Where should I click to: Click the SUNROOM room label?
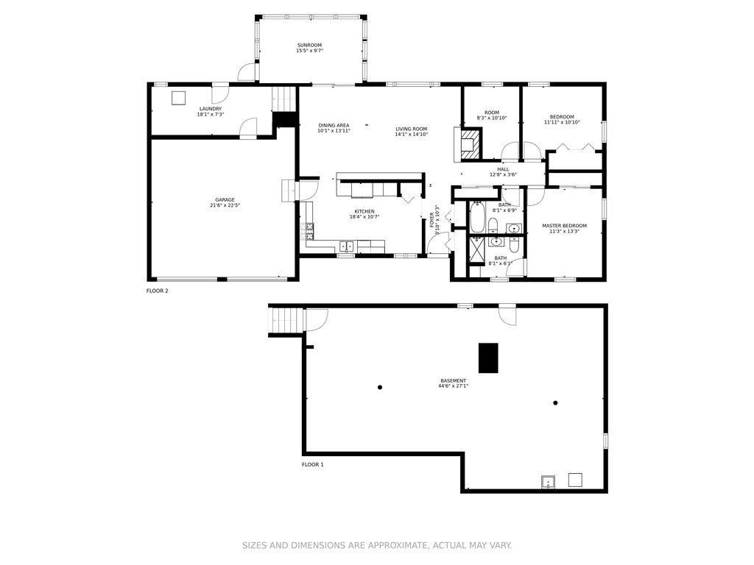click(309, 46)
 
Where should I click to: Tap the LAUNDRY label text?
click(210, 109)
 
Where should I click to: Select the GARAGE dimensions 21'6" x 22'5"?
click(225, 205)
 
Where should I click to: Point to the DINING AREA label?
click(334, 126)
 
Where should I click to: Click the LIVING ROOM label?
click(411, 129)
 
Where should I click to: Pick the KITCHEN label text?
click(364, 212)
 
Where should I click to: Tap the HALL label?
click(503, 169)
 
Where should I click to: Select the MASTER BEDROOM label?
click(564, 226)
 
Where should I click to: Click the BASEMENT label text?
click(453, 381)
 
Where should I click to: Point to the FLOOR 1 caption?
click(312, 465)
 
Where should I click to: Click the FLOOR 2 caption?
click(157, 291)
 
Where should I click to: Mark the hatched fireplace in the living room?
click(469, 143)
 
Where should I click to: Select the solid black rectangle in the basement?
click(488, 358)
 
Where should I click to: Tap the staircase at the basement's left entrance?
click(287, 320)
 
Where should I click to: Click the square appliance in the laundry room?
click(178, 98)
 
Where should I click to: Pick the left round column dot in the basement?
click(380, 388)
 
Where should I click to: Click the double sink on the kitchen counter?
click(346, 246)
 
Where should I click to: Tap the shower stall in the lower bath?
click(477, 251)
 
